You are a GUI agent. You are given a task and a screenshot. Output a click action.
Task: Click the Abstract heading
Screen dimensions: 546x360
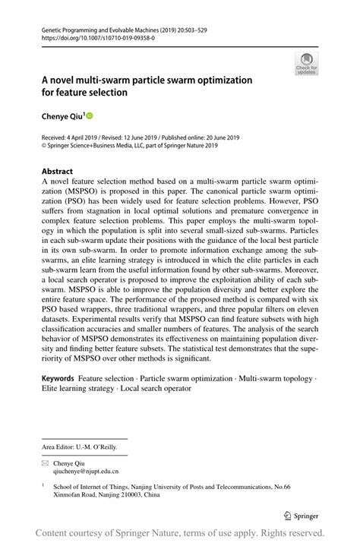(x=57, y=172)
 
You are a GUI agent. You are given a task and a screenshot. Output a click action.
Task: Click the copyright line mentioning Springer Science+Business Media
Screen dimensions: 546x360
(x=129, y=146)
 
